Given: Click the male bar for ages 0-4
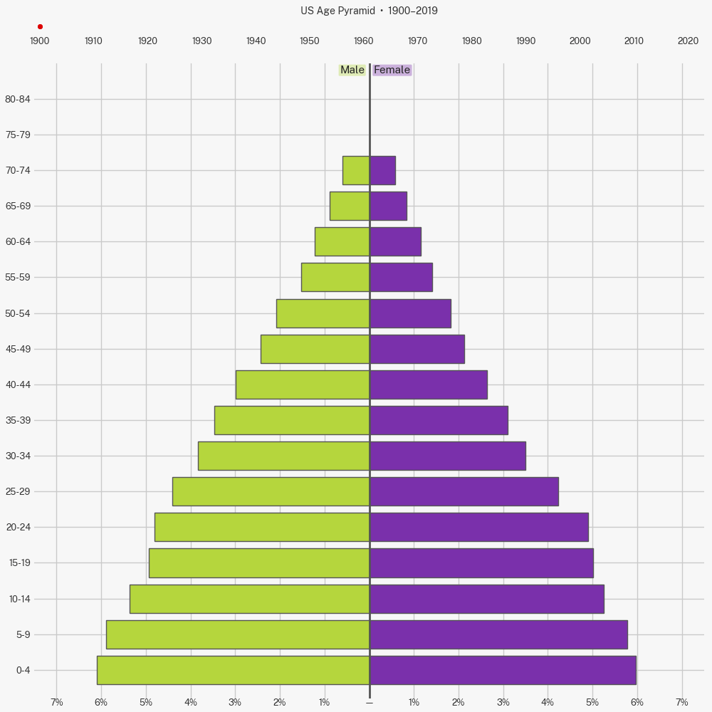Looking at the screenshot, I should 233,670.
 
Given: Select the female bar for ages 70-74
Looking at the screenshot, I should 382,170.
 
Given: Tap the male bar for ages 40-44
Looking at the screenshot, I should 303,384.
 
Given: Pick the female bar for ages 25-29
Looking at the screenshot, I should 464,491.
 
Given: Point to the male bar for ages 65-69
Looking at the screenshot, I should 350,206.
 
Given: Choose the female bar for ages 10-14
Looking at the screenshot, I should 486,599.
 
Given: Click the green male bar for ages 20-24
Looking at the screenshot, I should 262,527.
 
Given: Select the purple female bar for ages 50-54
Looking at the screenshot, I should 410,313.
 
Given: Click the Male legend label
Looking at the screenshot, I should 352,70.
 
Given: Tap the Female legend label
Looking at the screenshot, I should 392,70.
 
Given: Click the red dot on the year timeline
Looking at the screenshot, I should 40,26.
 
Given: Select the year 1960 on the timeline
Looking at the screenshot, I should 364,41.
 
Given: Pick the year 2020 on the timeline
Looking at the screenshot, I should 688,41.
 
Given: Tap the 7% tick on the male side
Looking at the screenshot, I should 57,702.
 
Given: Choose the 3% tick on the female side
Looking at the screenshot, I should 503,702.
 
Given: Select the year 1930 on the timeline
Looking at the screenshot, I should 201,41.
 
